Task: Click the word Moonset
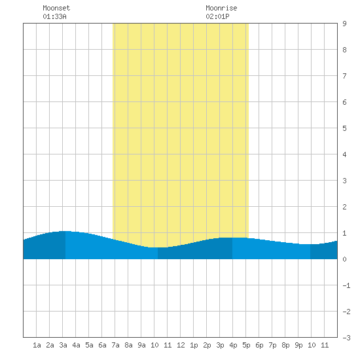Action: click(56, 8)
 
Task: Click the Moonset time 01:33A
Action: click(54, 16)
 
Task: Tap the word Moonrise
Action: click(221, 8)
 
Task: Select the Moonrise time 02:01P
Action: click(217, 16)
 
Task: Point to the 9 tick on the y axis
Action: click(344, 24)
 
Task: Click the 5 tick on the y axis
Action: click(344, 128)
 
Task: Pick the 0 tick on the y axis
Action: click(344, 259)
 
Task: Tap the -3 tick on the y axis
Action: click(347, 338)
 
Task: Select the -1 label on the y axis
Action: click(347, 285)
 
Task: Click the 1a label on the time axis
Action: click(37, 345)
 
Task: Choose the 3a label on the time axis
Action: click(63, 345)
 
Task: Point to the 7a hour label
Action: click(115, 345)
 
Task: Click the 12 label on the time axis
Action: click(181, 345)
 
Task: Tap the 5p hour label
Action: click(246, 345)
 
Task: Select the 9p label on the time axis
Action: click(298, 345)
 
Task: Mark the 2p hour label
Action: click(207, 345)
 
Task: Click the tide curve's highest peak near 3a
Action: click(65, 231)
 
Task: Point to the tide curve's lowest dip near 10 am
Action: click(158, 247)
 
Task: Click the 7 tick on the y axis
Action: click(344, 76)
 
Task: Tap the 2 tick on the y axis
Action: click(344, 207)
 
